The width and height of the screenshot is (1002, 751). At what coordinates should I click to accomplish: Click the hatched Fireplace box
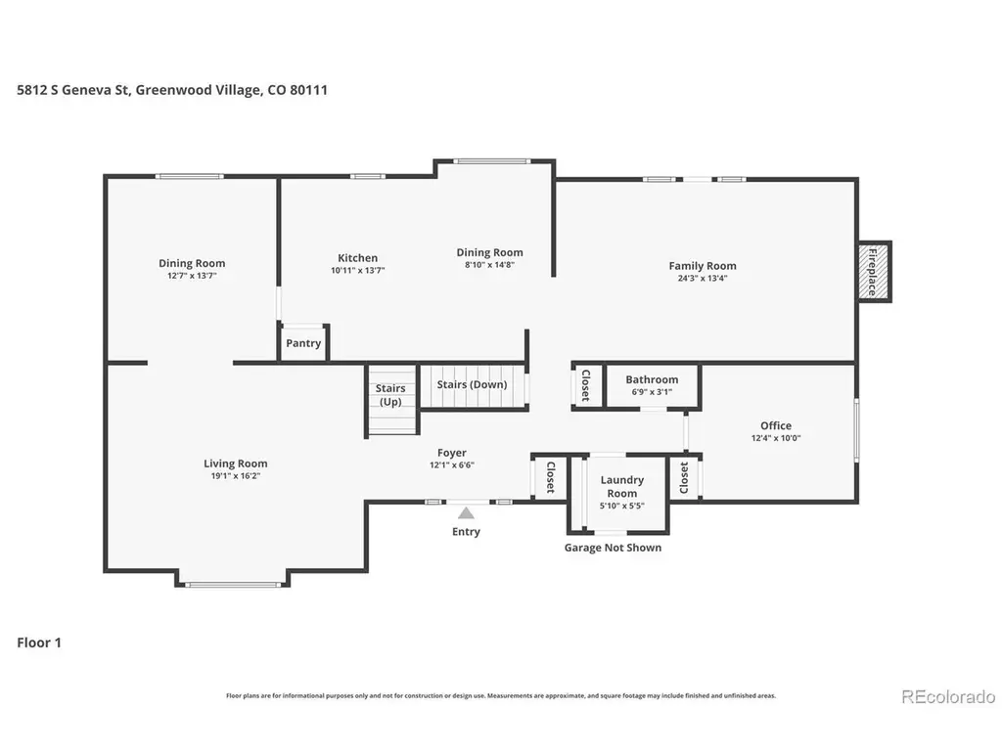click(x=874, y=272)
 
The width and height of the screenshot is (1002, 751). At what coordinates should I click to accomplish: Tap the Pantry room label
click(x=303, y=343)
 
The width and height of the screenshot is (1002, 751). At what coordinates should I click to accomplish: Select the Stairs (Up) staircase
click(x=391, y=400)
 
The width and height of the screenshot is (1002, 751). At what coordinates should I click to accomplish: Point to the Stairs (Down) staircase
click(x=473, y=385)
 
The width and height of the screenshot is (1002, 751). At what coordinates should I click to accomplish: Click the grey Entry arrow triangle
click(x=466, y=512)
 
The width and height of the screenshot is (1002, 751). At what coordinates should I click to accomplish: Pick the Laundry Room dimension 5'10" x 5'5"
click(x=621, y=506)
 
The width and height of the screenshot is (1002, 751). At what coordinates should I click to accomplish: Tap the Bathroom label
click(x=652, y=379)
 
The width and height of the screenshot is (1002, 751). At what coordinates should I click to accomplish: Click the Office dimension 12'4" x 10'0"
click(x=776, y=438)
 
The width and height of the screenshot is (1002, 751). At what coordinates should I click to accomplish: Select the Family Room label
click(x=703, y=266)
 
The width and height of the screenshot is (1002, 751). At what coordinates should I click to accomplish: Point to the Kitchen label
click(x=357, y=258)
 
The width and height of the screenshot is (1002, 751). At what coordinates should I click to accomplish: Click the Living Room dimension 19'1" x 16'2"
click(x=236, y=476)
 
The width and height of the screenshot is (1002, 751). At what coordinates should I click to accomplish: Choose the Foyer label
click(x=452, y=453)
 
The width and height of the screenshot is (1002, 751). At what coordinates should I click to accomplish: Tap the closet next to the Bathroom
click(x=586, y=385)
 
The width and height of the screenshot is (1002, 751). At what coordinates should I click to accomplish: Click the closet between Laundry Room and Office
click(x=684, y=477)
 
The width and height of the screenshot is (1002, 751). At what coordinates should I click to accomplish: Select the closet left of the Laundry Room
click(x=550, y=477)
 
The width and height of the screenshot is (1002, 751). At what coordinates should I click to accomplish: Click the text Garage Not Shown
click(x=613, y=548)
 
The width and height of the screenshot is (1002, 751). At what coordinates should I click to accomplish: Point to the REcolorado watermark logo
click(x=948, y=696)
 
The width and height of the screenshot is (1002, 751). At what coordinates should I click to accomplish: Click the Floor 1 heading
click(x=39, y=642)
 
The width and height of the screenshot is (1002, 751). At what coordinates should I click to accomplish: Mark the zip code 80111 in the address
click(x=308, y=90)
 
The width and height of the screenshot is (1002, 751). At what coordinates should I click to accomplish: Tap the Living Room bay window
click(x=233, y=584)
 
